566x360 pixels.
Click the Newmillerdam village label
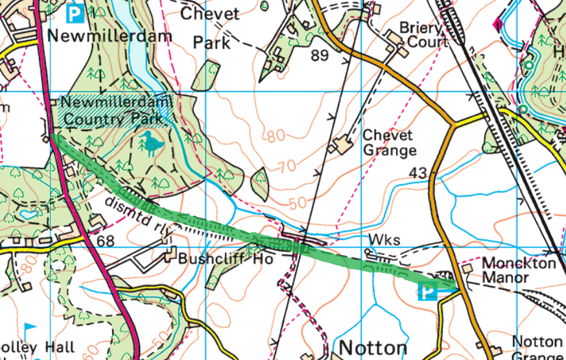pos(109,35)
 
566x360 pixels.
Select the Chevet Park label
pos(212,28)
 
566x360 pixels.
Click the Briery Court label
pos(422,35)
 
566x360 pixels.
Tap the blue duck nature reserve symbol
pos(151,141)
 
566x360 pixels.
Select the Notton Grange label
pos(537,348)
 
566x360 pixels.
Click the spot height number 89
pos(319,56)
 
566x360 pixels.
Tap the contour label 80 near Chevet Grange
pos(276,136)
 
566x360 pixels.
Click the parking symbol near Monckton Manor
pos(428,293)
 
